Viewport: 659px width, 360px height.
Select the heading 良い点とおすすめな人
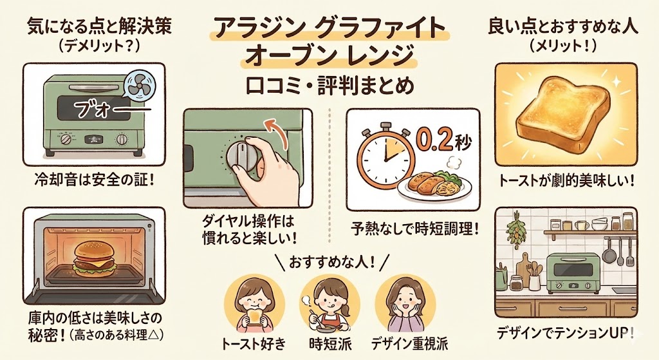click(564, 26)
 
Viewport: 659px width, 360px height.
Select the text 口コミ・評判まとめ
click(329, 85)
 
